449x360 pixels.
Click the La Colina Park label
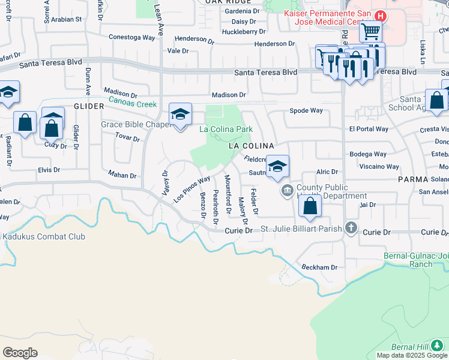click(x=226, y=129)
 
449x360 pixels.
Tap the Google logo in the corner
click(x=20, y=353)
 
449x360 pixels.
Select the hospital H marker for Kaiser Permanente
click(x=379, y=16)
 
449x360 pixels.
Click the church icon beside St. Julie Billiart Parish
click(x=351, y=228)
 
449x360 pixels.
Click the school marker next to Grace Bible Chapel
click(x=180, y=115)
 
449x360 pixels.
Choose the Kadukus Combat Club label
click(x=43, y=236)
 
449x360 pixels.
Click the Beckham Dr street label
click(x=319, y=267)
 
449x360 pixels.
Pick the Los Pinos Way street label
click(x=192, y=188)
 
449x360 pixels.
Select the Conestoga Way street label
click(x=132, y=37)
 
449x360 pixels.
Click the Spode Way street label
click(x=306, y=110)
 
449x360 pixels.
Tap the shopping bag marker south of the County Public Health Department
click(x=310, y=206)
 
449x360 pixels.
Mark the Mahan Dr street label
click(x=122, y=175)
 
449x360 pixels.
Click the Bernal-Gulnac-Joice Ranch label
click(x=416, y=260)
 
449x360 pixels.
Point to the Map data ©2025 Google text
click(x=412, y=355)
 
